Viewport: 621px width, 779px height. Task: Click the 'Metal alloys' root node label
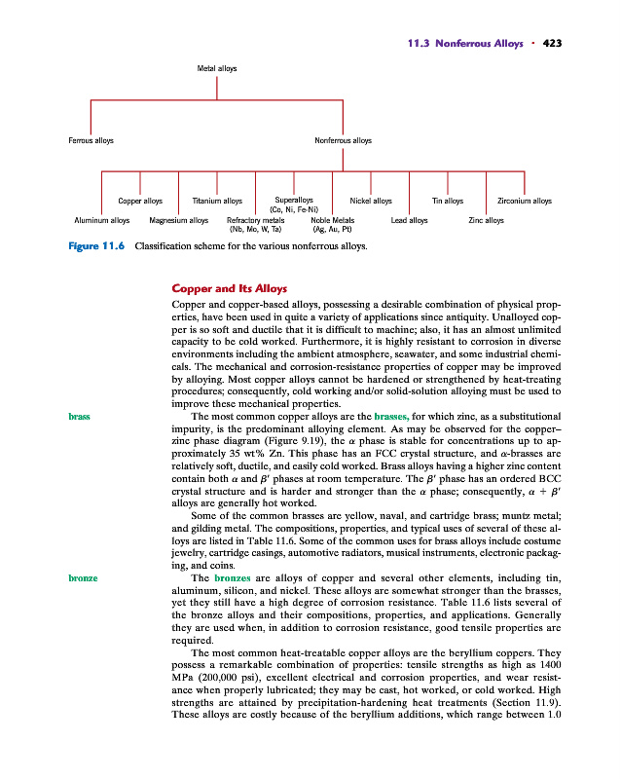pyautogui.click(x=216, y=68)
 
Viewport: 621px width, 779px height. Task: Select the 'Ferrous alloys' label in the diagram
pyautogui.click(x=91, y=141)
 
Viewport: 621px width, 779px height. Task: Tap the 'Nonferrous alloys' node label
pyautogui.click(x=343, y=141)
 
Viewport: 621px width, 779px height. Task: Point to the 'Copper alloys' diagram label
pyautogui.click(x=139, y=202)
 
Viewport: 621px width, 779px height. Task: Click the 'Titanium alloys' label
pyautogui.click(x=217, y=202)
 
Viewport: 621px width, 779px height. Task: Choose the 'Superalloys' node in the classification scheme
pyautogui.click(x=293, y=202)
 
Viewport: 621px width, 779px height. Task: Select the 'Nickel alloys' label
pyautogui.click(x=370, y=202)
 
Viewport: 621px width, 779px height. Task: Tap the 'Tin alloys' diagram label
pyautogui.click(x=447, y=202)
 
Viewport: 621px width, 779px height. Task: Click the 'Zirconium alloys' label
pyautogui.click(x=525, y=202)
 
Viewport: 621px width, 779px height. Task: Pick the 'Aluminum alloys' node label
pyautogui.click(x=101, y=221)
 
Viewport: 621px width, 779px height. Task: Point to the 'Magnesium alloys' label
pyautogui.click(x=179, y=221)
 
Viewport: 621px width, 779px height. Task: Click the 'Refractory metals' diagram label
pyautogui.click(x=255, y=221)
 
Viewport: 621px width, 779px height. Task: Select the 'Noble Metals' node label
pyautogui.click(x=332, y=221)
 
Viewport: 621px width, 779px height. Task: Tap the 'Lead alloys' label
pyautogui.click(x=409, y=221)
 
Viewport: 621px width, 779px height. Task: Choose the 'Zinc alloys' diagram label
pyautogui.click(x=486, y=221)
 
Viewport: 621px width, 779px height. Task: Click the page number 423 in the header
pyautogui.click(x=553, y=43)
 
